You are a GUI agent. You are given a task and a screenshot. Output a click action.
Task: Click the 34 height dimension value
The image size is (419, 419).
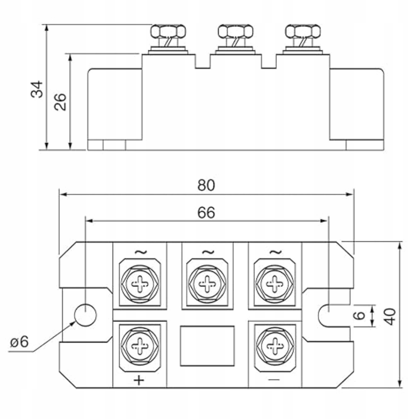(x=37, y=89)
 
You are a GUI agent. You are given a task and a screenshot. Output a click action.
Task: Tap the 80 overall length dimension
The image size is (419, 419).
(x=206, y=185)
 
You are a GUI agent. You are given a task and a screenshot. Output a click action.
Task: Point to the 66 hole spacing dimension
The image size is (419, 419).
(x=206, y=213)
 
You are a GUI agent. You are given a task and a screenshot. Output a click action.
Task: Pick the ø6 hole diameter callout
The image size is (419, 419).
(x=19, y=342)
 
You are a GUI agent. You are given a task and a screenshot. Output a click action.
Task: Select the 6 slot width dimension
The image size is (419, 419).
(x=359, y=315)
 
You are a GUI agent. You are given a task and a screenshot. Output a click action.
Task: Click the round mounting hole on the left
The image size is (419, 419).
(x=85, y=315)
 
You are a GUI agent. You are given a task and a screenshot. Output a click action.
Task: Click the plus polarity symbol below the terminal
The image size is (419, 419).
(x=139, y=380)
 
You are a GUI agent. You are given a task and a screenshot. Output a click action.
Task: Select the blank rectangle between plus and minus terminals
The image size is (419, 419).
(x=207, y=346)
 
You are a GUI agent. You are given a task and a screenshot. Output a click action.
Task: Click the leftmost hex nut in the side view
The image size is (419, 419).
(x=168, y=31)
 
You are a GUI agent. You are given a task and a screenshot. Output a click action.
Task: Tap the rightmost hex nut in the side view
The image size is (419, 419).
(x=303, y=31)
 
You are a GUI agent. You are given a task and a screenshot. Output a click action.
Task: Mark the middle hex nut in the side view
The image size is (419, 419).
(x=235, y=31)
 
